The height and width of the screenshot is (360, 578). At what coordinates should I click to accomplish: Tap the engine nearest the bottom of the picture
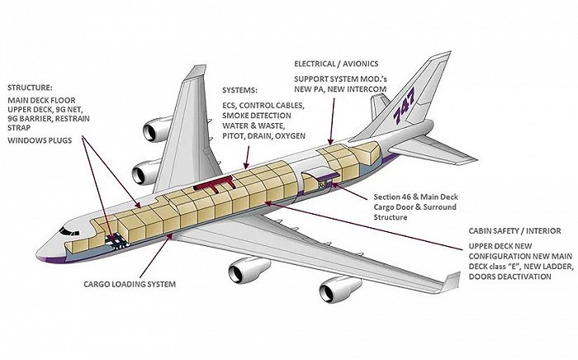coord(340,289)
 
